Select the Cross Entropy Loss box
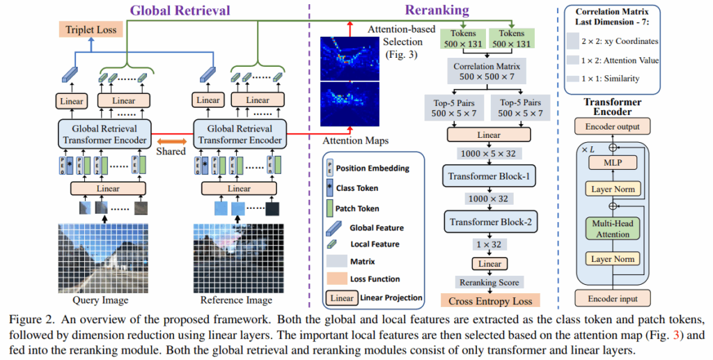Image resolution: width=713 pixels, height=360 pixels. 489,301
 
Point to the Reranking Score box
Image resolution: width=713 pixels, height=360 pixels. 489,282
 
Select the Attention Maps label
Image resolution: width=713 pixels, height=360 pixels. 354,141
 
